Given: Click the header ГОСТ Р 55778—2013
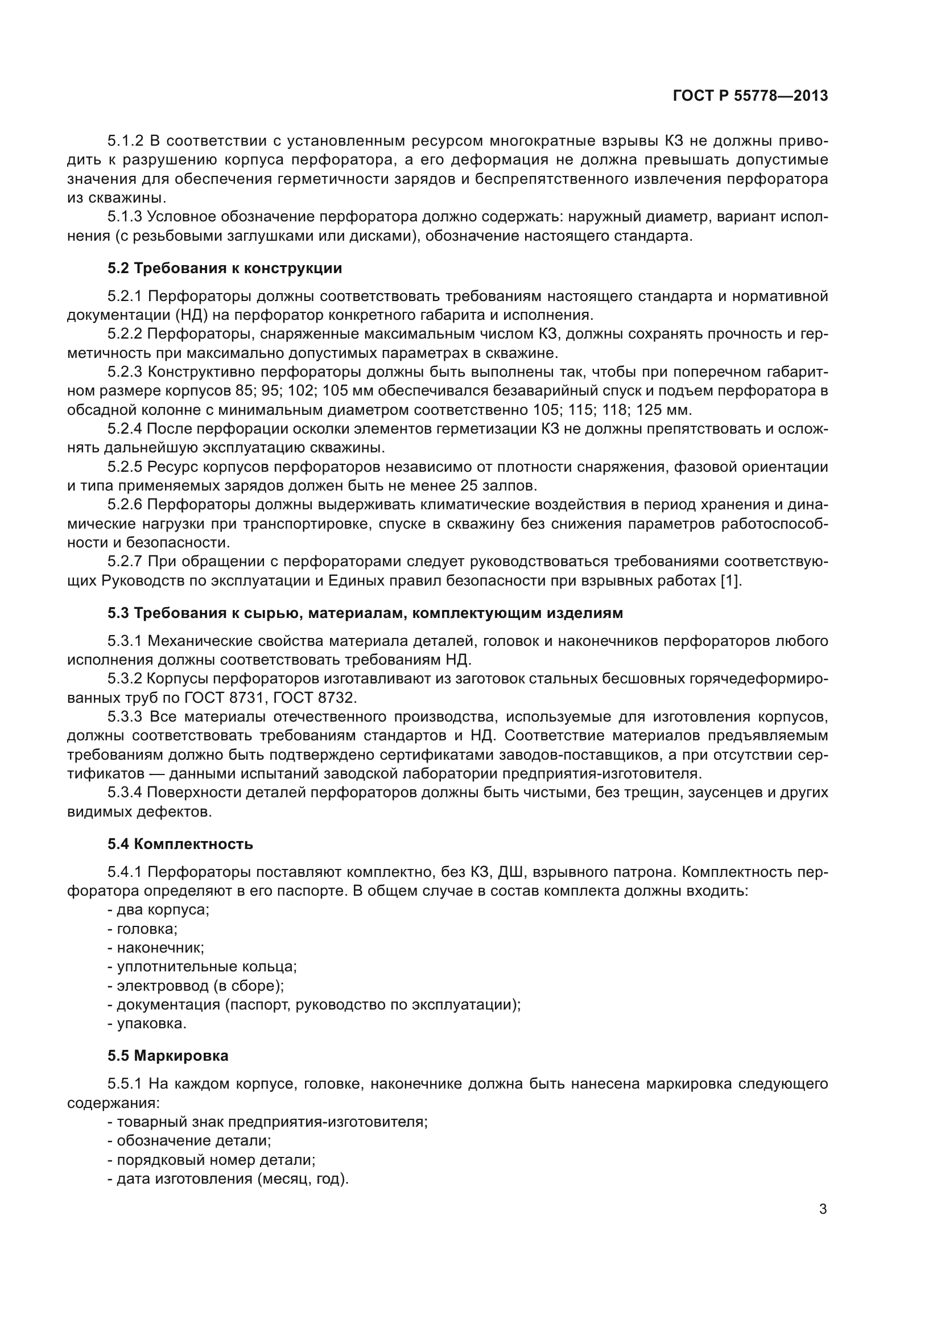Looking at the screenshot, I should [x=750, y=96].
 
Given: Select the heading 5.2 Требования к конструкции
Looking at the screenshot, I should [x=225, y=269].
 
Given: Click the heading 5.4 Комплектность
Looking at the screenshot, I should [x=180, y=844].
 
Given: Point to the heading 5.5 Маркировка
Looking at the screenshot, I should [x=168, y=1056].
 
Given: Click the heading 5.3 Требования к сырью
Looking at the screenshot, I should [x=365, y=613].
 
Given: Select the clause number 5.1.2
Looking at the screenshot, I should [x=125, y=141].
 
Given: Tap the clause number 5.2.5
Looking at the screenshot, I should [x=125, y=467].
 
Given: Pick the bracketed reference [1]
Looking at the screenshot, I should [x=729, y=581].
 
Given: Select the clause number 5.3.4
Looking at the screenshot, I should [x=125, y=793].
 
